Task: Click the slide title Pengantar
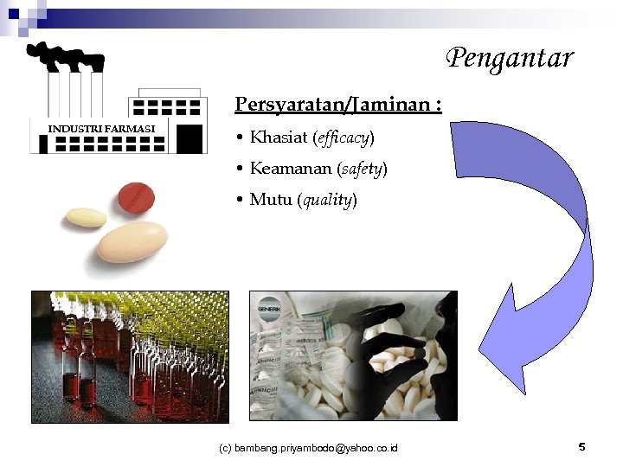pyautogui.click(x=510, y=59)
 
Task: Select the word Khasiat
pyautogui.click(x=278, y=138)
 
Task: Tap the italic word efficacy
pyautogui.click(x=343, y=138)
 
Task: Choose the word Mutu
pyautogui.click(x=270, y=200)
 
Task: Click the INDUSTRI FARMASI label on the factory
pyautogui.click(x=101, y=129)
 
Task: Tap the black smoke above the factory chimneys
pyautogui.click(x=65, y=56)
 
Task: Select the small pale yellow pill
pyautogui.click(x=87, y=216)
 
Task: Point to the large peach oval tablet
pyautogui.click(x=132, y=241)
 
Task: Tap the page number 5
pyautogui.click(x=581, y=447)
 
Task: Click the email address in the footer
pyautogui.click(x=308, y=448)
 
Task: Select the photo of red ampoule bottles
pyautogui.click(x=130, y=356)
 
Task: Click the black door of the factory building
pyautogui.click(x=189, y=138)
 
